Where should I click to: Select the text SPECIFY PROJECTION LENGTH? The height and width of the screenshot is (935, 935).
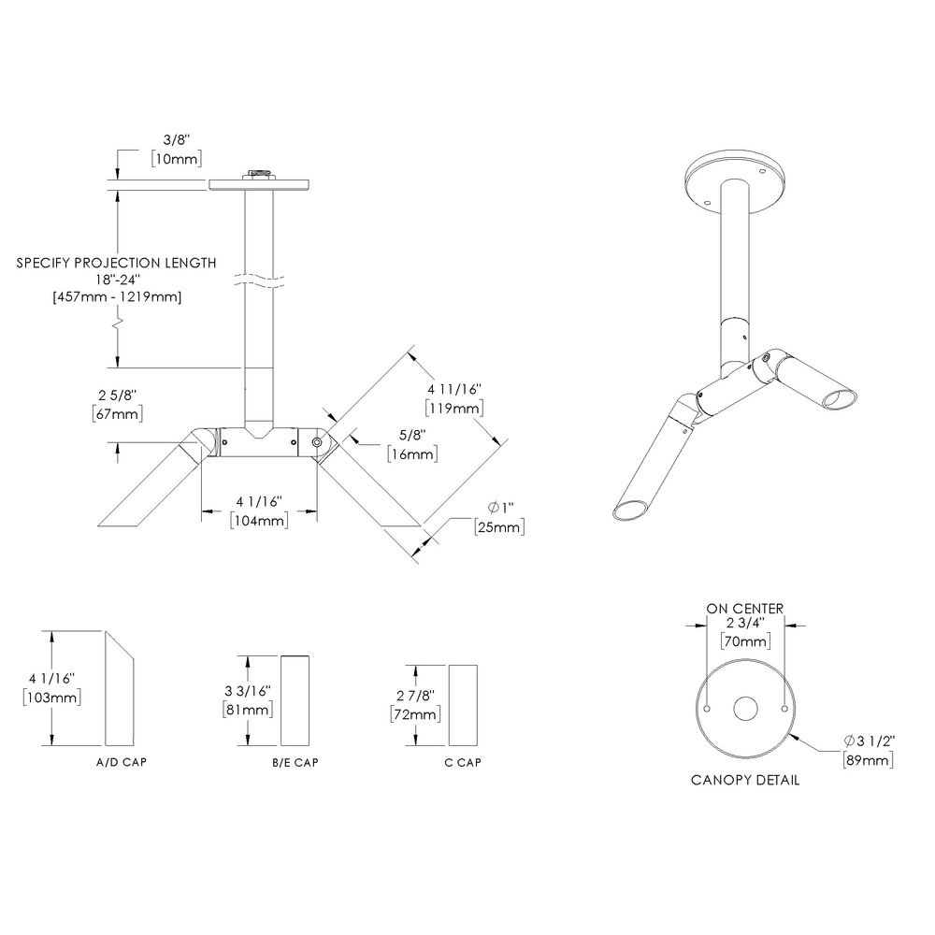click(117, 263)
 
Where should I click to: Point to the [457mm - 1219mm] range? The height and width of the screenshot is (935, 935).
click(118, 296)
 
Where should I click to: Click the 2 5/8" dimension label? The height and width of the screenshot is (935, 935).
click(118, 394)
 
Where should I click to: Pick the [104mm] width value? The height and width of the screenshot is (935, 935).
click(258, 520)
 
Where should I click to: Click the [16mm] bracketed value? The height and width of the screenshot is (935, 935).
click(413, 453)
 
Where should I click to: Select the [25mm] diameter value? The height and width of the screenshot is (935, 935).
click(498, 527)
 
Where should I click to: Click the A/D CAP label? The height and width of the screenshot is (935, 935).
click(122, 762)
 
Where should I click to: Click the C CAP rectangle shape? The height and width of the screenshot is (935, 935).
click(463, 700)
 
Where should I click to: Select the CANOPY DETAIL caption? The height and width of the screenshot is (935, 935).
click(744, 780)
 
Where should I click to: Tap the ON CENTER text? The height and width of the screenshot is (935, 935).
click(744, 609)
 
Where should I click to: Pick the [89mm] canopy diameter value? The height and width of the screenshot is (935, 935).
click(868, 759)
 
